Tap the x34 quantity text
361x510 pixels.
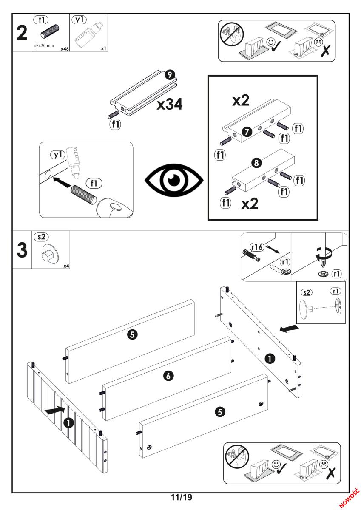(x=170, y=104)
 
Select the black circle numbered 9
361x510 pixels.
(x=169, y=76)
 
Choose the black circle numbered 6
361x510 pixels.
(x=169, y=375)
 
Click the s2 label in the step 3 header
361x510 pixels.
(x=42, y=238)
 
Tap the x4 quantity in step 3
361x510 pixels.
(x=66, y=266)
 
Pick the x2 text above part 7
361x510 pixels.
(x=241, y=100)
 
